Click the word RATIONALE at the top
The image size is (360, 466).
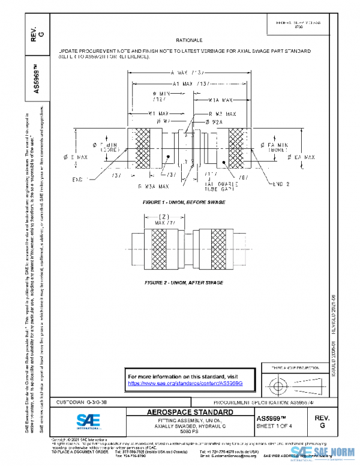coord(188,39)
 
